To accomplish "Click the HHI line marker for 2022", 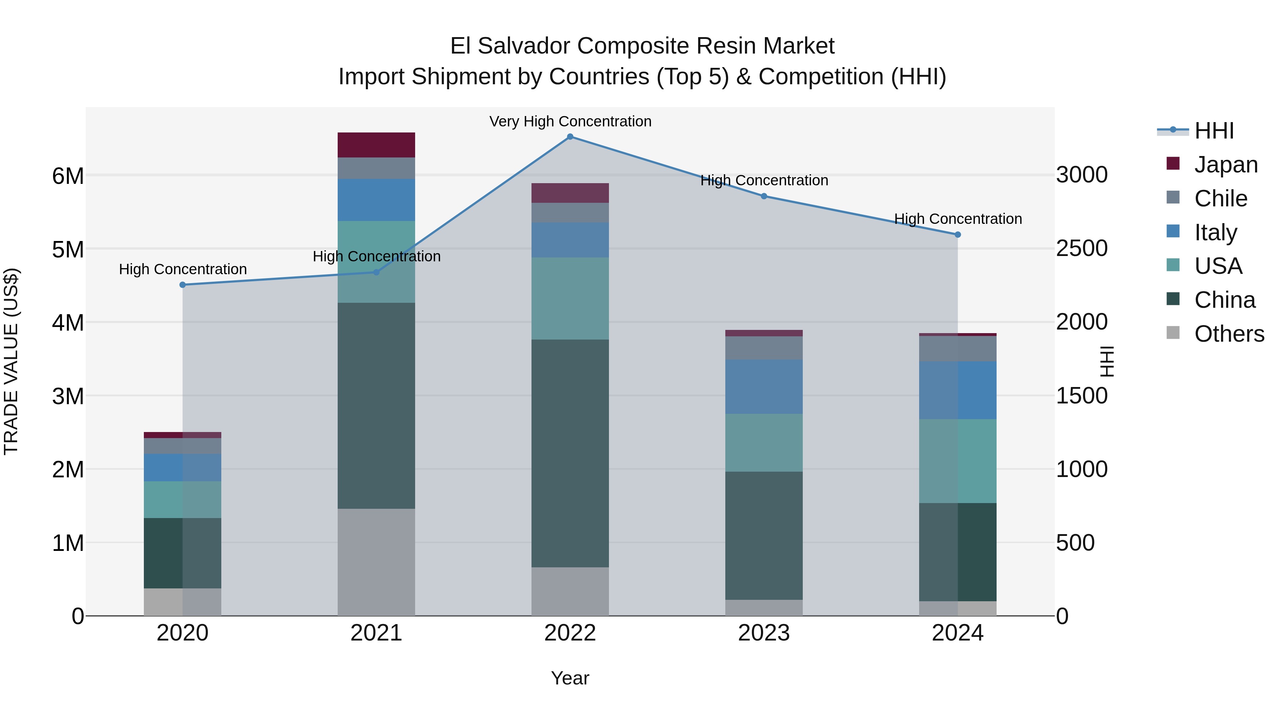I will click(570, 137).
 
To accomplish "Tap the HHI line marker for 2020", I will click(182, 285).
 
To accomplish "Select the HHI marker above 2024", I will click(957, 235).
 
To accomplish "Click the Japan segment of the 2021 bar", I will click(376, 145).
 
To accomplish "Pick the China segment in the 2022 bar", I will click(570, 453).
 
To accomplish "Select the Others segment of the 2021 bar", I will click(376, 562).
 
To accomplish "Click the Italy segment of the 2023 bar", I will click(764, 387).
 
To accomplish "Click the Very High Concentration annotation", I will click(570, 122).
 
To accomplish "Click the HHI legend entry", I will click(1214, 131).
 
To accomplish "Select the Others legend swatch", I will click(1173, 333).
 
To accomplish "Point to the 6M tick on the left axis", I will click(68, 176).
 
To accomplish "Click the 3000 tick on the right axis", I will click(1082, 175).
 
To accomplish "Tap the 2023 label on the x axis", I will click(764, 633).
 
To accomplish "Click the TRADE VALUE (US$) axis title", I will click(11, 361).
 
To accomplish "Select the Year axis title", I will click(570, 678).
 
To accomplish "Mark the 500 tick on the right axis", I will click(1075, 543).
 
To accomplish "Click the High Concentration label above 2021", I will click(377, 256).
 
